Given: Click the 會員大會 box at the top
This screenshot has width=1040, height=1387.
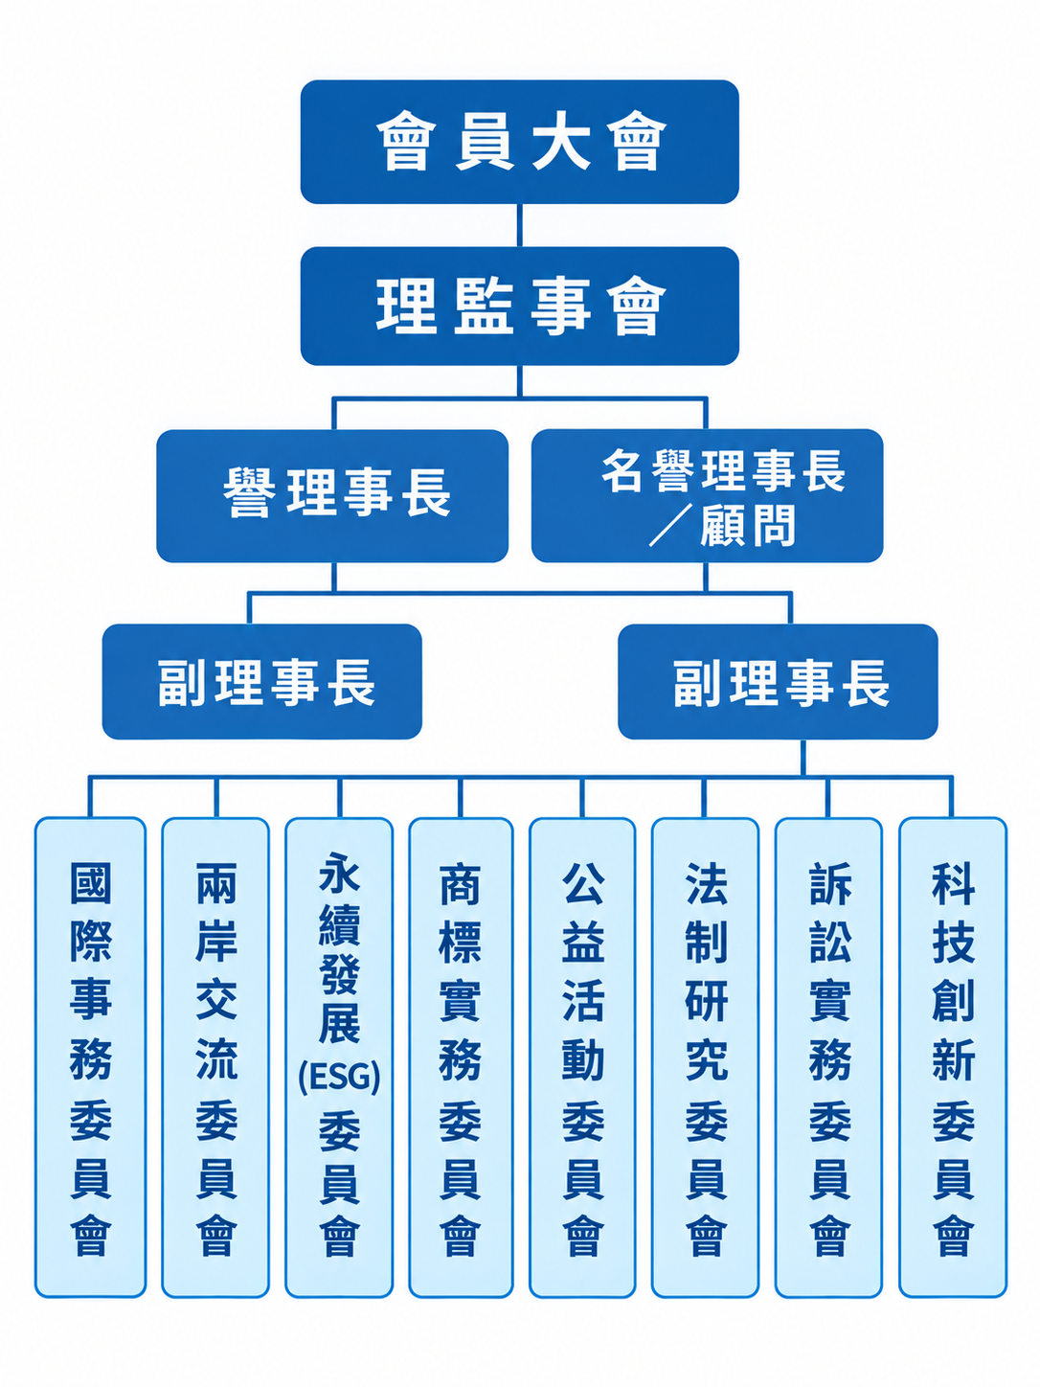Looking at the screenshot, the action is click(519, 142).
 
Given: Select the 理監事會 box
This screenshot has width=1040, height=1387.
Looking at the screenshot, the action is click(519, 306).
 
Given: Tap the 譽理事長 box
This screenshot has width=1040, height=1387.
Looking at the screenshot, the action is click(332, 495).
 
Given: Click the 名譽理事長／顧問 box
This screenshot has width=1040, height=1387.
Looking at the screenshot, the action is click(708, 495).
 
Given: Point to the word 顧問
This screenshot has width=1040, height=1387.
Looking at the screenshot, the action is click(748, 525).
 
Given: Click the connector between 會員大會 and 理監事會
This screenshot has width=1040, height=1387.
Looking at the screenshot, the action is click(519, 225).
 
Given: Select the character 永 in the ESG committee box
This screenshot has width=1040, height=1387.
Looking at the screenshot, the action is click(339, 873).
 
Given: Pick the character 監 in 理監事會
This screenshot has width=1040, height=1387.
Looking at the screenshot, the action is click(483, 306).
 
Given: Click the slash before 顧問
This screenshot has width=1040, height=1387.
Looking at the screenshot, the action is click(671, 525).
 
